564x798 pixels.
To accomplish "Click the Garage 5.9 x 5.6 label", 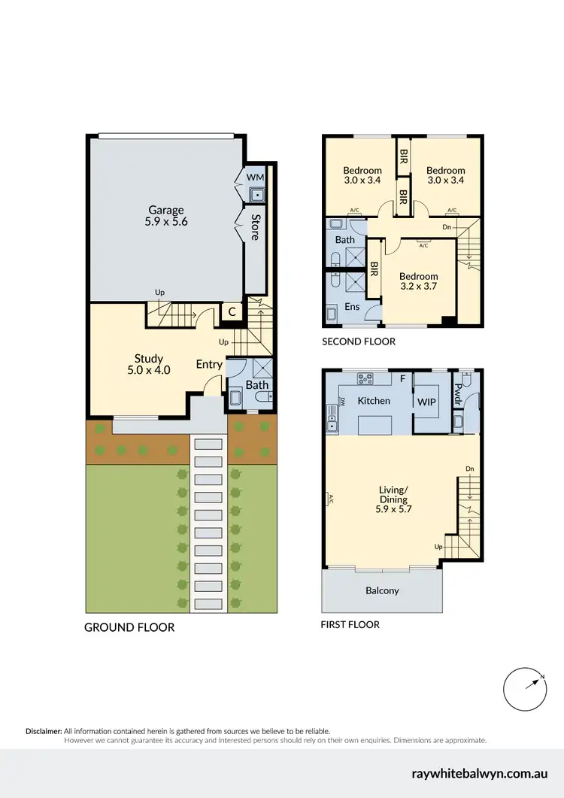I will point(165,217).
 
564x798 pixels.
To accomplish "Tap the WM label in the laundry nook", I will point(256,177).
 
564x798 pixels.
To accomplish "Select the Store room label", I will point(255,228).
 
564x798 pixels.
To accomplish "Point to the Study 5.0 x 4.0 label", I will point(148,364).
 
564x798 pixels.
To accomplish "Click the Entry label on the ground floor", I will point(209,365).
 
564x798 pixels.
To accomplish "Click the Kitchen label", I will point(373,401).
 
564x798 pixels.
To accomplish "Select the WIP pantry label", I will point(427,401).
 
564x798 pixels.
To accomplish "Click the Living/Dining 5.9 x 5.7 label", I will point(393,499).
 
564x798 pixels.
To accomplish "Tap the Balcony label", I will point(382,590).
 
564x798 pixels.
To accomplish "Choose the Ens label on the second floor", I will point(351,307).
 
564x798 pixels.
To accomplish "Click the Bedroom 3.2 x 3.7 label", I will point(418,281).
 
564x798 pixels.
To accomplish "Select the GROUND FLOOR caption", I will point(129,627).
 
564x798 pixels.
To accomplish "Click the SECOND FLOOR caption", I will point(358,341).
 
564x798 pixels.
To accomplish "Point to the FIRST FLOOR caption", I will point(350,624).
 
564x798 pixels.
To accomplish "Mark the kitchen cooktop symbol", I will point(366,378).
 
